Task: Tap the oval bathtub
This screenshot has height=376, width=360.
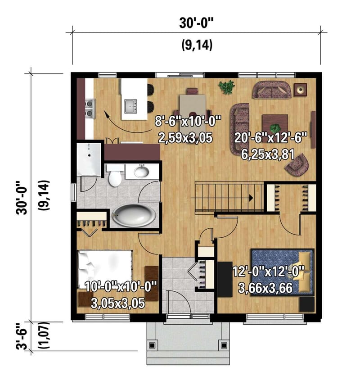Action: (134, 215)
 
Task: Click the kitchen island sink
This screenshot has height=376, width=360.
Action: (131, 106)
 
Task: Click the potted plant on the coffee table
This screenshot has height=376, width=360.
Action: (275, 120)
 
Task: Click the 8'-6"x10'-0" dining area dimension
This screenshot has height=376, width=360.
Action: (189, 121)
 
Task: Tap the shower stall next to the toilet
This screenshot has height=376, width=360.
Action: (89, 159)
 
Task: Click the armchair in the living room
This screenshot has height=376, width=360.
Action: (297, 165)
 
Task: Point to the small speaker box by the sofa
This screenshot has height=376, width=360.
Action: (300, 89)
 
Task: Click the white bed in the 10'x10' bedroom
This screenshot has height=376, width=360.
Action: (105, 267)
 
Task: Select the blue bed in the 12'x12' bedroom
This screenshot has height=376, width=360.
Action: (281, 272)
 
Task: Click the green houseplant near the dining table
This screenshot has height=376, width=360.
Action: (226, 87)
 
